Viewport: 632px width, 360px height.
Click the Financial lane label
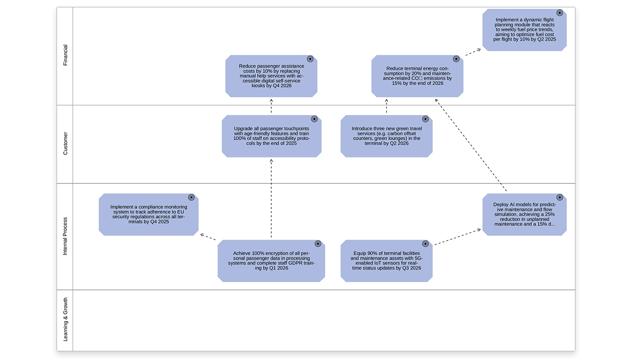[x=65, y=55]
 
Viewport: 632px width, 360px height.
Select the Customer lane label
[x=65, y=144]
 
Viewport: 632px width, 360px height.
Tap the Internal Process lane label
[x=65, y=236]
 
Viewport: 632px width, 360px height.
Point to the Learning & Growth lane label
[x=65, y=320]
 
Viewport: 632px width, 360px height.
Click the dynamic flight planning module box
[x=524, y=30]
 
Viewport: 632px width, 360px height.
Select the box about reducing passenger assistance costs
[x=271, y=76]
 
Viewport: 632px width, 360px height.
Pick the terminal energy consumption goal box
[x=417, y=76]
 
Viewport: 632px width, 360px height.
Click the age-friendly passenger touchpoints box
[x=271, y=136]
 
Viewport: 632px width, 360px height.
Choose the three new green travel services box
[x=386, y=136]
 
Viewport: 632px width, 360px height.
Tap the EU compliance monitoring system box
[x=148, y=215]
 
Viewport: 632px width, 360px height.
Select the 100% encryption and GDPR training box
[x=271, y=261]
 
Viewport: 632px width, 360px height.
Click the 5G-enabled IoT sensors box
[x=386, y=261]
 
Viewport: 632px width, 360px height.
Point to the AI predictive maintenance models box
[x=524, y=215]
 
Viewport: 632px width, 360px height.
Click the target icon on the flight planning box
[x=560, y=13]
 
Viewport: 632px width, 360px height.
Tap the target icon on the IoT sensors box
[x=425, y=244]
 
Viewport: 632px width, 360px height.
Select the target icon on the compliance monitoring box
[x=192, y=198]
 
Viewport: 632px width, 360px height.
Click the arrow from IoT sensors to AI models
[x=457, y=237]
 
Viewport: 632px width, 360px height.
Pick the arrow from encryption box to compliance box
[x=209, y=237]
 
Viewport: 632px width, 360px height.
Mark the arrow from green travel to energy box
[x=386, y=106]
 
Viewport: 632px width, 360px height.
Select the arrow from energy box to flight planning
[x=473, y=52]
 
